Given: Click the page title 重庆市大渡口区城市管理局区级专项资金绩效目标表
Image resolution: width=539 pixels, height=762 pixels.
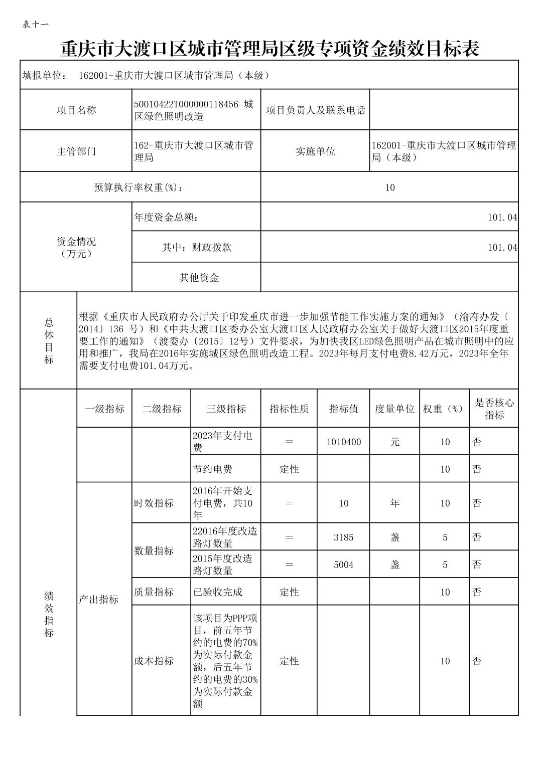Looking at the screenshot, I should (x=270, y=49).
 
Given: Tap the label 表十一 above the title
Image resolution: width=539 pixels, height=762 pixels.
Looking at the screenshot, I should (x=35, y=24).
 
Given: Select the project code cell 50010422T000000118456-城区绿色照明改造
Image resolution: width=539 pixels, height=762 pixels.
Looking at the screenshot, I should (x=196, y=110).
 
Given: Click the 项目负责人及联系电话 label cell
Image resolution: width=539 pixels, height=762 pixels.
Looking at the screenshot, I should (x=315, y=110).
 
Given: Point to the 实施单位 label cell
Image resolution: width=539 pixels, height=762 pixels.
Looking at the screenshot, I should (x=315, y=151).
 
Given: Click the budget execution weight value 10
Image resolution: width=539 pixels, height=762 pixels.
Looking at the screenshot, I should (x=390, y=187).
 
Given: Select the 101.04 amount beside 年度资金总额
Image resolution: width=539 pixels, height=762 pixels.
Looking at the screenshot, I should (x=502, y=218).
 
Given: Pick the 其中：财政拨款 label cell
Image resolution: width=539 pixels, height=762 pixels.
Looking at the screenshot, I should (x=196, y=247).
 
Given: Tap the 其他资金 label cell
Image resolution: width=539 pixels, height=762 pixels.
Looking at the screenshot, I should (x=199, y=277).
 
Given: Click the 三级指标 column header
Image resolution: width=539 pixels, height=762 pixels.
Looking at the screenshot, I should (x=226, y=409).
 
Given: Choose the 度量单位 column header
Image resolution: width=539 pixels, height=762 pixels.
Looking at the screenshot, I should (x=394, y=409).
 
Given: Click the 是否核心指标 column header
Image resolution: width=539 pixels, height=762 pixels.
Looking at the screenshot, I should (x=494, y=409).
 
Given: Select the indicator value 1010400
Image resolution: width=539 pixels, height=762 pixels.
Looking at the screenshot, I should (x=343, y=442).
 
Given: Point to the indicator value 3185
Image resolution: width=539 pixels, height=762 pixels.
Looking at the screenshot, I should (x=343, y=537).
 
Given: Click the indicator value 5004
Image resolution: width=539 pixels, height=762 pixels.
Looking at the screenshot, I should (x=343, y=565).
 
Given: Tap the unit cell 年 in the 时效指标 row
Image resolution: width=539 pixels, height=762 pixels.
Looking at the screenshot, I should (x=394, y=503).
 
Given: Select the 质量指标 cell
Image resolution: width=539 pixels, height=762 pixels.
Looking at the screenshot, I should (x=154, y=592).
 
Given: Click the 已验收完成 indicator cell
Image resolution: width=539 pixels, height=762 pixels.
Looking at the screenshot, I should (x=218, y=592).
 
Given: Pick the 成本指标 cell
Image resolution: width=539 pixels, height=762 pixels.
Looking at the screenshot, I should (x=154, y=661).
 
